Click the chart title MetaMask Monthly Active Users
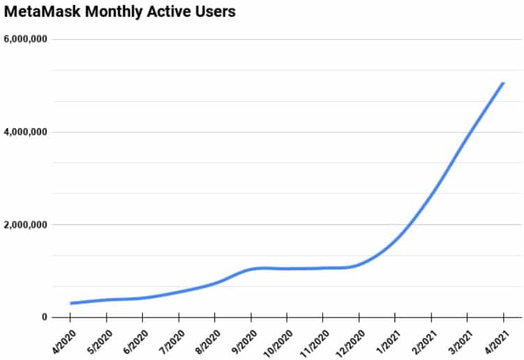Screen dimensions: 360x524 tap(120, 12)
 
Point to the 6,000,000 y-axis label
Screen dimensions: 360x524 tap(25, 39)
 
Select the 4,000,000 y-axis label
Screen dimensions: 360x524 tap(25, 132)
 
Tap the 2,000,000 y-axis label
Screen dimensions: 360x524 tap(25, 225)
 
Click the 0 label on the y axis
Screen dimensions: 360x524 tap(44, 318)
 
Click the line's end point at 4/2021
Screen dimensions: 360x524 tap(503, 83)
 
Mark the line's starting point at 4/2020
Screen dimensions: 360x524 tap(71, 303)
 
